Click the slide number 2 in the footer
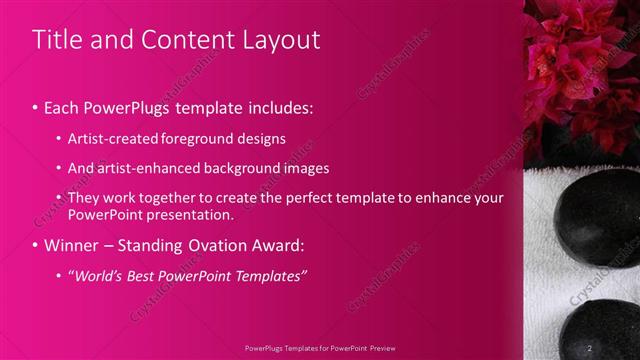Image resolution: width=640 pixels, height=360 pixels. click(x=590, y=348)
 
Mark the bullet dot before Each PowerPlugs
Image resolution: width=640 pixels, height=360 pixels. click(x=36, y=107)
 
